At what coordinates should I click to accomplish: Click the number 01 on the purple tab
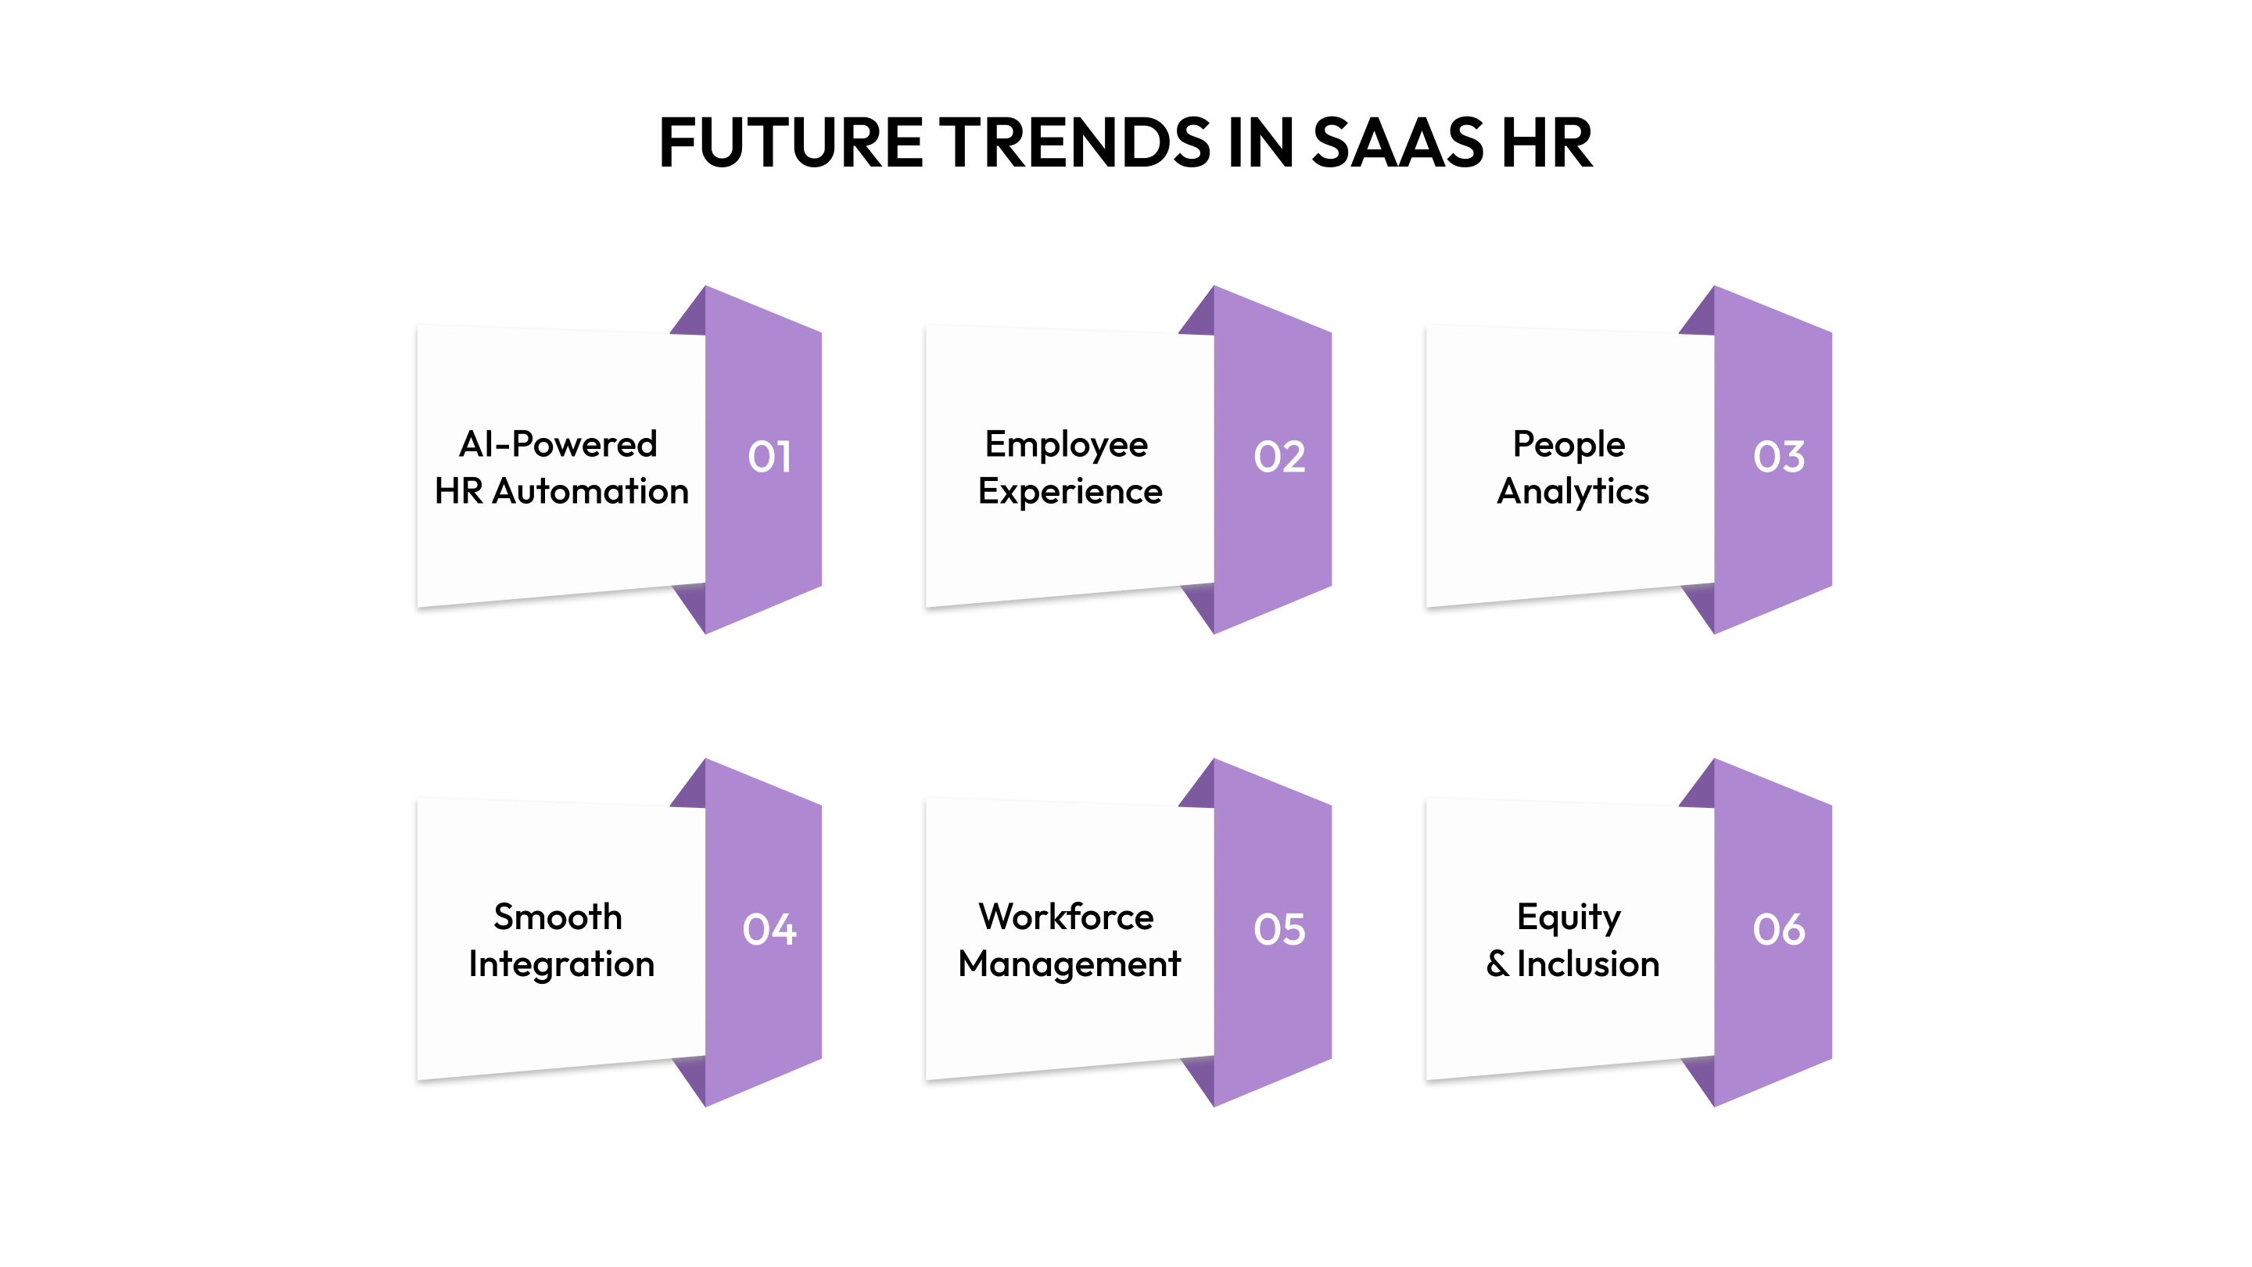(x=769, y=457)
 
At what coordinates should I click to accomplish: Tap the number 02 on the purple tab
(x=1279, y=457)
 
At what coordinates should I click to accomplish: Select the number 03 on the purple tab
(x=1778, y=457)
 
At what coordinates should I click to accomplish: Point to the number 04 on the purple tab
(x=769, y=928)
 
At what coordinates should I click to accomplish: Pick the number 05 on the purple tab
(x=1279, y=928)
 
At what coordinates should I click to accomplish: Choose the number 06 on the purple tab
(x=1778, y=928)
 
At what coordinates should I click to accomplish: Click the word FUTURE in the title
(x=791, y=142)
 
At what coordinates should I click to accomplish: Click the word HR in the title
(x=1547, y=142)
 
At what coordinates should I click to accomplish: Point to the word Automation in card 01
(x=590, y=491)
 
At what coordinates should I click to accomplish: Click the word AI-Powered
(x=558, y=444)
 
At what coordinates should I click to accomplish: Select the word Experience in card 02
(x=1069, y=491)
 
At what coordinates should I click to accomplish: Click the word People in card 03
(x=1569, y=444)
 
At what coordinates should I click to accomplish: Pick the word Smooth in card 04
(x=558, y=917)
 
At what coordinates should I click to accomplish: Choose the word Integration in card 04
(x=561, y=964)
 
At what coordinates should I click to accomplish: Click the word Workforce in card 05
(x=1066, y=917)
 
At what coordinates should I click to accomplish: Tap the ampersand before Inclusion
(x=1497, y=964)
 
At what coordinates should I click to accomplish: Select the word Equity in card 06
(x=1569, y=917)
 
